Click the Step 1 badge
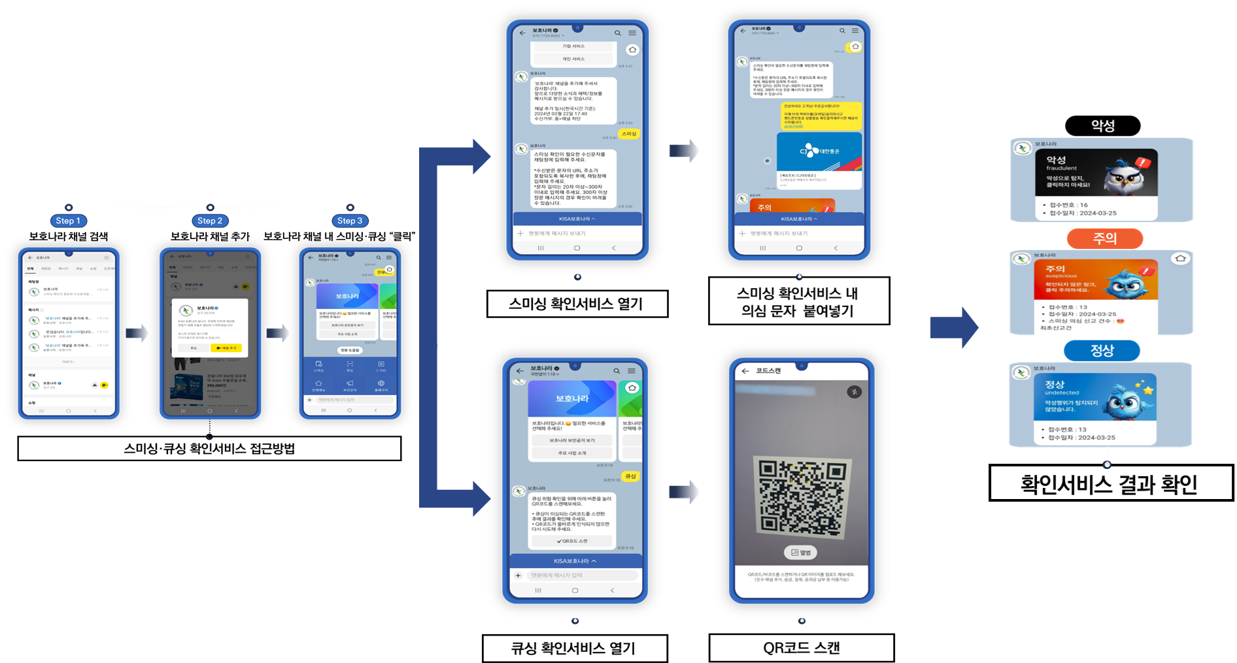pyautogui.click(x=68, y=221)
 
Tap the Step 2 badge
pyautogui.click(x=210, y=221)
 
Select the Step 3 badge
pyautogui.click(x=350, y=221)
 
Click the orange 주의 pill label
pyautogui.click(x=1104, y=238)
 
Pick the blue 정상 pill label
pyautogui.click(x=1102, y=351)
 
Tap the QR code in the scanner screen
pyautogui.click(x=802, y=496)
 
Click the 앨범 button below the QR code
pyautogui.click(x=801, y=553)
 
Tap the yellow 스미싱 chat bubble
pyautogui.click(x=628, y=134)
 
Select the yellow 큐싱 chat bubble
pyautogui.click(x=630, y=476)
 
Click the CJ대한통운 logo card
pyautogui.click(x=819, y=152)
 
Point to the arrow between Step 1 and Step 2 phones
pyautogui.click(x=137, y=334)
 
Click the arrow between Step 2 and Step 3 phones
pyautogui.click(x=279, y=334)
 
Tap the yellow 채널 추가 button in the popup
pyautogui.click(x=226, y=348)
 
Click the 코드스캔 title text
pyautogui.click(x=768, y=370)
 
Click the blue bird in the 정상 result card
pyautogui.click(x=1126, y=400)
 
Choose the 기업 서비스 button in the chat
pyautogui.click(x=573, y=46)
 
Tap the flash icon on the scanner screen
pyautogui.click(x=854, y=392)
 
